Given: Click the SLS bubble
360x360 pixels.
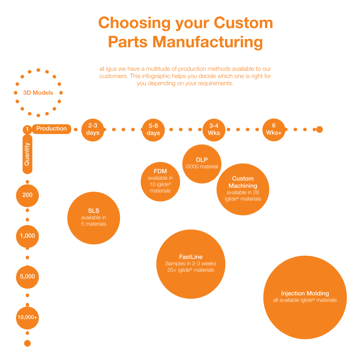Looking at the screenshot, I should (94, 218).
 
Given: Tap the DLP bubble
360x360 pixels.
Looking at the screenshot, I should (202, 163).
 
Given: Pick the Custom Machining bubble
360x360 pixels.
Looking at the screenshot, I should (243, 189).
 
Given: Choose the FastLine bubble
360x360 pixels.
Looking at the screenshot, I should (191, 264).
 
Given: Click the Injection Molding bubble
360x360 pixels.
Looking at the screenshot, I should (305, 297).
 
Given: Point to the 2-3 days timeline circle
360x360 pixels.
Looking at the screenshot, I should (93, 129).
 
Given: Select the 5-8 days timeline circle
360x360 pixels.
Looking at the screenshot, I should (153, 129).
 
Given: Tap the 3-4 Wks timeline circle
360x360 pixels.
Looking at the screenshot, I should (214, 129).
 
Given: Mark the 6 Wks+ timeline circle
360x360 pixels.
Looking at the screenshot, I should (274, 129).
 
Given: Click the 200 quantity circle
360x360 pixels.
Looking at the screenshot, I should (27, 195).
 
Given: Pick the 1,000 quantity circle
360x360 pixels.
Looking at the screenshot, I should (27, 236).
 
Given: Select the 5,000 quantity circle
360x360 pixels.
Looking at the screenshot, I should (27, 276).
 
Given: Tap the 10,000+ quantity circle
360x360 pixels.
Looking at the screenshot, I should (27, 317).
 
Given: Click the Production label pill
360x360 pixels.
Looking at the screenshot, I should (51, 129).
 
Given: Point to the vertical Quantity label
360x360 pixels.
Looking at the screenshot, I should (27, 154).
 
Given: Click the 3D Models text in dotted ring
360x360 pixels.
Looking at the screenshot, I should (38, 93).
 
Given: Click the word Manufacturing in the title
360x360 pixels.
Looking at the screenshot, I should (208, 42).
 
